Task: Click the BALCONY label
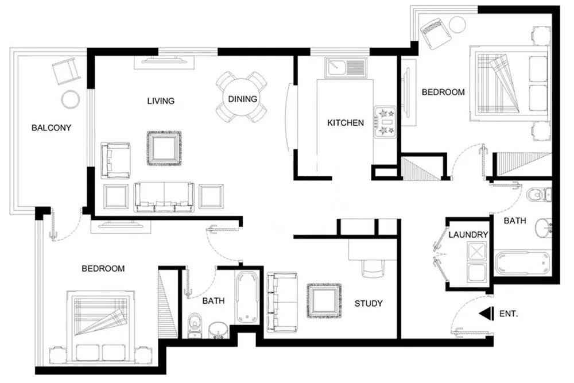(51, 128)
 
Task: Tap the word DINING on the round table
(242, 99)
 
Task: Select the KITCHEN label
(345, 123)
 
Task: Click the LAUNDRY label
(468, 234)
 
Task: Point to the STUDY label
(369, 303)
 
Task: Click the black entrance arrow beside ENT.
(484, 314)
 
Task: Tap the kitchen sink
(345, 68)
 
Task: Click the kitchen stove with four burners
(385, 122)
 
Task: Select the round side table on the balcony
(70, 99)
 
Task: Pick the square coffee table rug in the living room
(164, 148)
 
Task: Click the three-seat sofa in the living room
(164, 197)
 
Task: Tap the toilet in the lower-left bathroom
(194, 326)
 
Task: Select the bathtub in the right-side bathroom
(522, 263)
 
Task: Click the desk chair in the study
(373, 269)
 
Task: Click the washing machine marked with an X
(476, 252)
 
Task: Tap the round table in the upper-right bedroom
(457, 25)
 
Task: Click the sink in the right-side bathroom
(544, 229)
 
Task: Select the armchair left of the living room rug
(116, 161)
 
